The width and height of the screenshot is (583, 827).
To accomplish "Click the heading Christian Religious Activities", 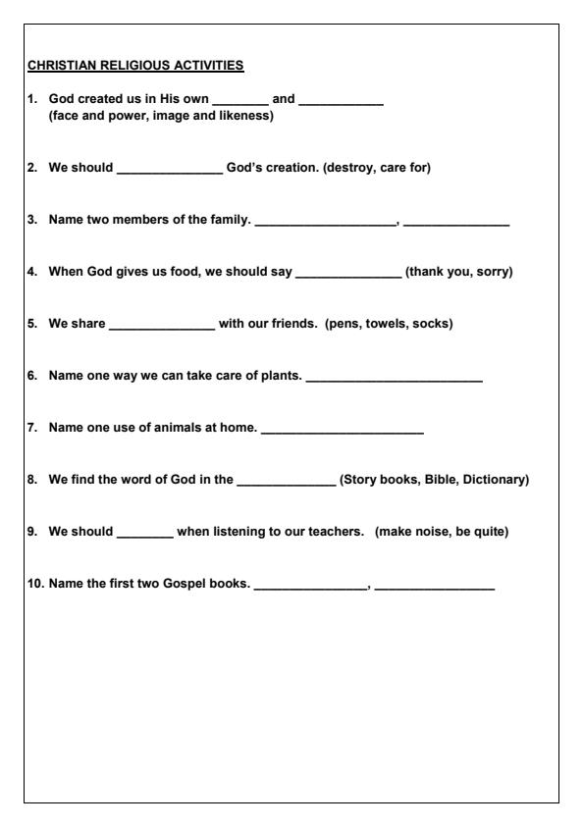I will (135, 67).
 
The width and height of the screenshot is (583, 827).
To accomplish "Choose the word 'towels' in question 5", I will (391, 324).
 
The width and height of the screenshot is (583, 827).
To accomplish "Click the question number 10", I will (35, 587).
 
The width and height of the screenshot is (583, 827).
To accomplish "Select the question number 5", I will (32, 324).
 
